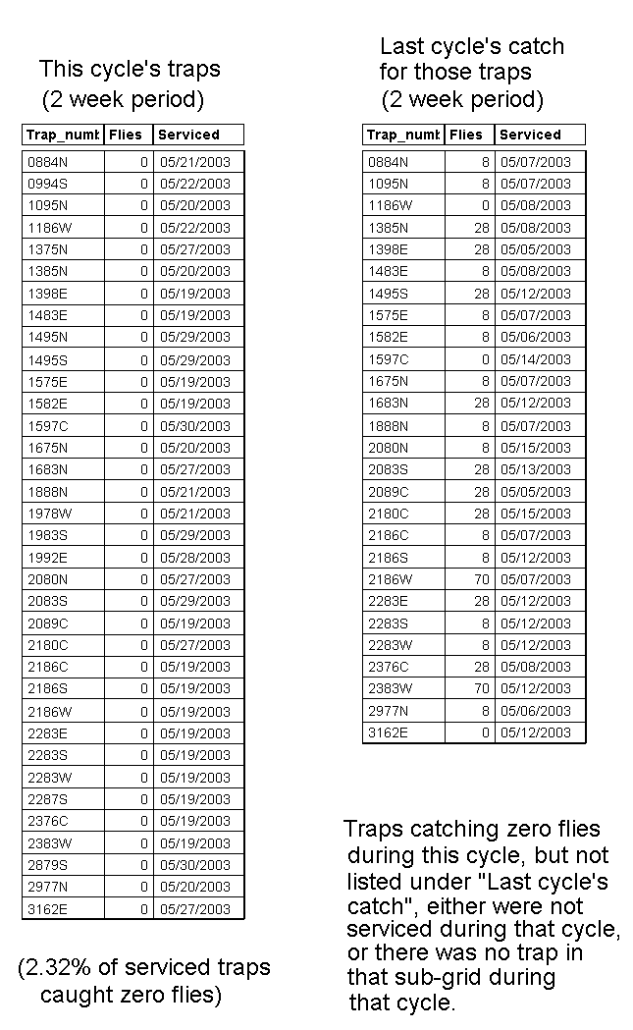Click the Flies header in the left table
(x=125, y=135)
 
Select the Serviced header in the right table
(x=530, y=135)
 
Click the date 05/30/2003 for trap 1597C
(x=194, y=425)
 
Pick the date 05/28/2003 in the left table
(x=194, y=557)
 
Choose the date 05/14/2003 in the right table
(x=535, y=359)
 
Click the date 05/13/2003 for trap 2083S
(x=535, y=469)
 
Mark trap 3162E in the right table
(x=389, y=732)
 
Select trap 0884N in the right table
(x=389, y=162)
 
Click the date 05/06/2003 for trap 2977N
(x=535, y=710)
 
